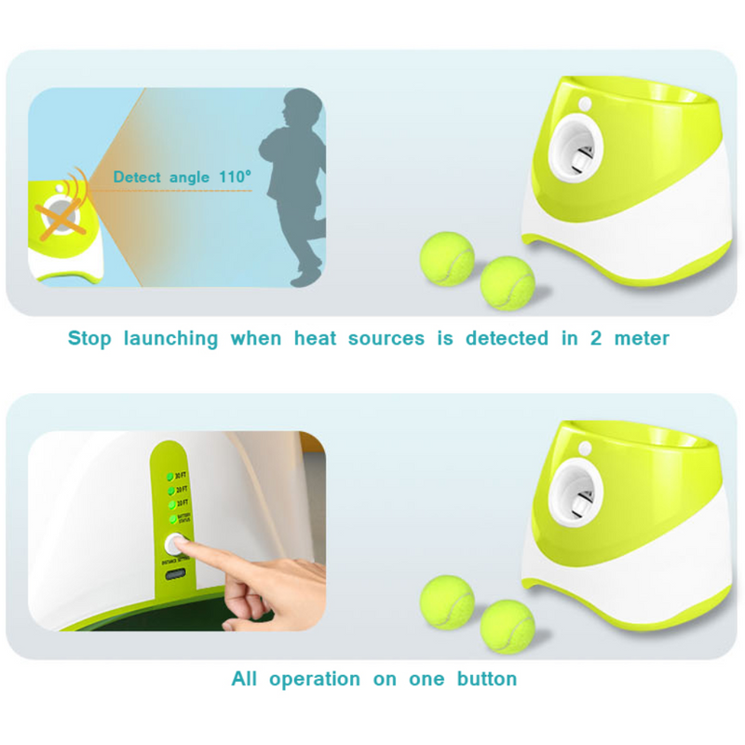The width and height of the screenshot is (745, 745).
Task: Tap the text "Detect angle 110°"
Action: click(183, 177)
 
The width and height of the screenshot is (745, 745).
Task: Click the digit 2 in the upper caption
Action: click(594, 338)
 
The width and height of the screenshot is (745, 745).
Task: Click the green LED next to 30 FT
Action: click(169, 475)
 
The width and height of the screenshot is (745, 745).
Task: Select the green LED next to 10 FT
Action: click(169, 505)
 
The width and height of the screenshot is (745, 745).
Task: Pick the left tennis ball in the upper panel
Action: click(447, 256)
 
